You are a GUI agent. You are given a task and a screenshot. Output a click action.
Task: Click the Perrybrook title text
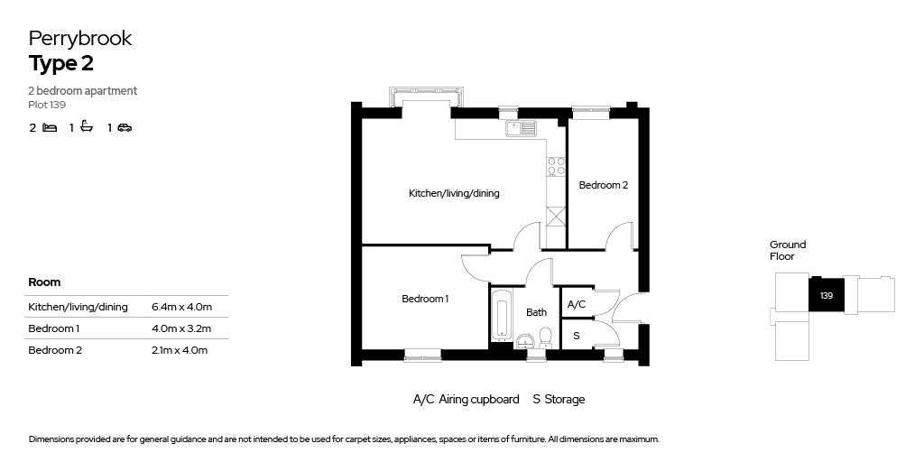pos(80,39)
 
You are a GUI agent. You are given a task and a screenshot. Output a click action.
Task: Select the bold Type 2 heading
pos(60,64)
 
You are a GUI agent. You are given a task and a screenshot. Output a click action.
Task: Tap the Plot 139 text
pos(47,106)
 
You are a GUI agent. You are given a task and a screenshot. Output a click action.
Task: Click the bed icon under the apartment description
pos(51,127)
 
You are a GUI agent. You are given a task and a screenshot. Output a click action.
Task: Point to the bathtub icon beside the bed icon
pos(88,126)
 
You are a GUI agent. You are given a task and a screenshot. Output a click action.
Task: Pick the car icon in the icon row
pos(125,127)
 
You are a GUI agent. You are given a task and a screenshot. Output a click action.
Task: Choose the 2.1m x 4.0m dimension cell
pos(180,350)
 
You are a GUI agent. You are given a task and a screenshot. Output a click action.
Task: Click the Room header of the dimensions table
pos(44,282)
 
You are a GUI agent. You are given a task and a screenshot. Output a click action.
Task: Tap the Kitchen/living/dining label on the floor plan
pos(454,193)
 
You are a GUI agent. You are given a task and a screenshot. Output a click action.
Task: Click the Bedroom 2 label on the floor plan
pos(604,185)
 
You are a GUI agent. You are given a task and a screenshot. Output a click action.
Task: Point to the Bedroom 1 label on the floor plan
pos(425,299)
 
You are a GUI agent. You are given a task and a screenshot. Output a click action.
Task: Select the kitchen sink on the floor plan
pos(521,128)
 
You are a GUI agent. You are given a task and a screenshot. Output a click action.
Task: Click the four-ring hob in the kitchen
pos(556,167)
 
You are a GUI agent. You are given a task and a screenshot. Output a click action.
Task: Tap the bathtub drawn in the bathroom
pos(502,315)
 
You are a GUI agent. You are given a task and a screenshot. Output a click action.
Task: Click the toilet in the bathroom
pos(545,337)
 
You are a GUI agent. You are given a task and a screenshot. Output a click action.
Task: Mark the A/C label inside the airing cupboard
pos(577,305)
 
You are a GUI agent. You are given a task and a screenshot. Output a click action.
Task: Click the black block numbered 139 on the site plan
pos(827,295)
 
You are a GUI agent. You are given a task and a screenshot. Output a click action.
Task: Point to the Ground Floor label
pos(787,251)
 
